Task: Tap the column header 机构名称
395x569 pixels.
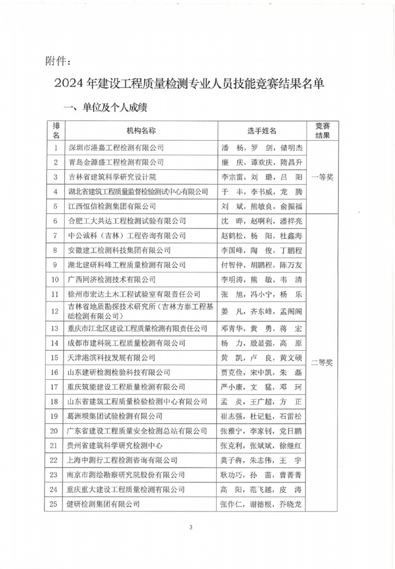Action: click(x=141, y=131)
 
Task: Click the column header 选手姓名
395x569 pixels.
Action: click(x=261, y=131)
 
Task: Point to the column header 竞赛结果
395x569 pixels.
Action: click(x=322, y=130)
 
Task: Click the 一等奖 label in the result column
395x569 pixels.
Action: click(x=322, y=177)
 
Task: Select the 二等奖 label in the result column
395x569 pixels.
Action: click(x=322, y=362)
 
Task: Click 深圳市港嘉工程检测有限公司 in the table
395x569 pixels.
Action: click(x=115, y=147)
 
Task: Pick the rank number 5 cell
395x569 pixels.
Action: click(x=56, y=207)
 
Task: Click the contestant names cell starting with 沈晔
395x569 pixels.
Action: click(x=261, y=221)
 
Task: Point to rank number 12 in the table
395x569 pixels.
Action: click(x=56, y=311)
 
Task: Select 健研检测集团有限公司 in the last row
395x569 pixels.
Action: click(x=103, y=504)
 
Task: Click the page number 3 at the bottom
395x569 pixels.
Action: click(x=191, y=528)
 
